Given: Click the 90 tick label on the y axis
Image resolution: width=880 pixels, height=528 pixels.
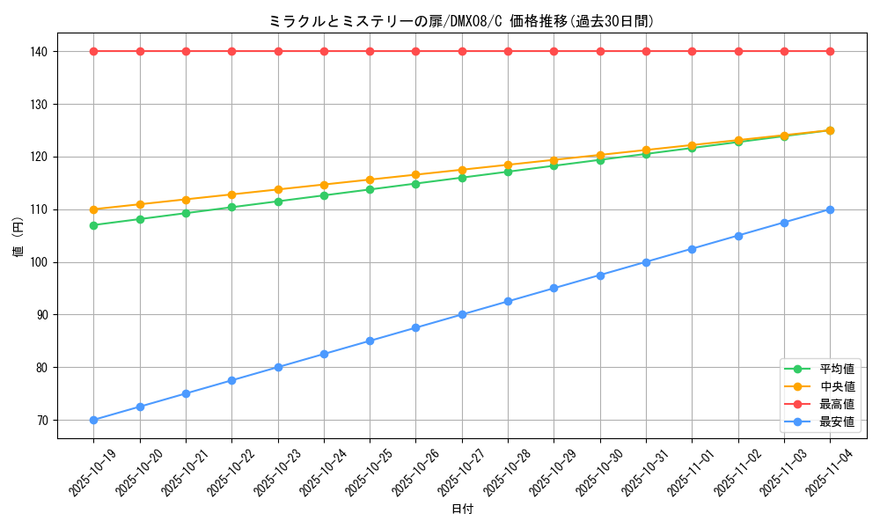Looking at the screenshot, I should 40,315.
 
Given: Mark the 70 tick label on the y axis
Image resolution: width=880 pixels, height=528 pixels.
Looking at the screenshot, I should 40,421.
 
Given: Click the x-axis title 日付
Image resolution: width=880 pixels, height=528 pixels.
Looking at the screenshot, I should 462,510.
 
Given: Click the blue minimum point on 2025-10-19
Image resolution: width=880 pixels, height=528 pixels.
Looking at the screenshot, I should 94,420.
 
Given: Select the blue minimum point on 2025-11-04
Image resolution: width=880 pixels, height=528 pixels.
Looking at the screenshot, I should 830,209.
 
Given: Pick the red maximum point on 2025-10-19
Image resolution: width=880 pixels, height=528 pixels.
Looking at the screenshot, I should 94,51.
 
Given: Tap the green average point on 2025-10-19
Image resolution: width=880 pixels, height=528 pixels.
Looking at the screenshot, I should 94,225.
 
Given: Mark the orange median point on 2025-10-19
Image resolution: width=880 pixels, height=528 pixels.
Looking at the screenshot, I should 94,209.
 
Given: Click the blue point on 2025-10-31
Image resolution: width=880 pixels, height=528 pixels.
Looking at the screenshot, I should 646,262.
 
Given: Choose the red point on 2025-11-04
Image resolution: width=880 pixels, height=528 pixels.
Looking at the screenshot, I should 830,51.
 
